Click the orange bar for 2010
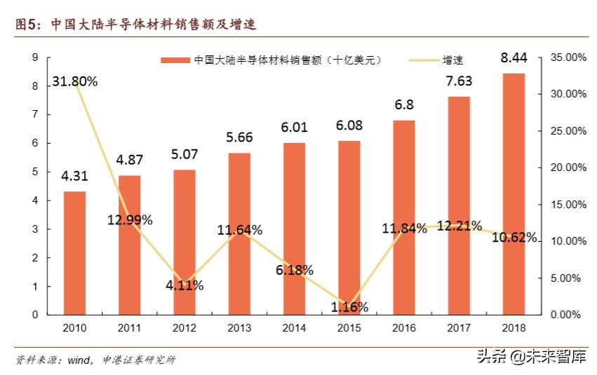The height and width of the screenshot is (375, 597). (x=74, y=253)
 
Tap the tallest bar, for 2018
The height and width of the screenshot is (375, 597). (x=514, y=193)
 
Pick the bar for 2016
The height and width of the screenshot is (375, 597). (x=403, y=217)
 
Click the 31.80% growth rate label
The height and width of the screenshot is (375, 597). (x=74, y=81)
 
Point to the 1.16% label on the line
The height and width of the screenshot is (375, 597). (x=349, y=306)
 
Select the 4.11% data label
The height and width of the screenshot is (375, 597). (x=185, y=285)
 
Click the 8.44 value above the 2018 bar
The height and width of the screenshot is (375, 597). (x=514, y=57)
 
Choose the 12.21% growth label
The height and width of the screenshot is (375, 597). (x=459, y=226)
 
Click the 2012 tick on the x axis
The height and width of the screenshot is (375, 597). (x=185, y=327)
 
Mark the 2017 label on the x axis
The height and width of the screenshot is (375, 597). (x=459, y=327)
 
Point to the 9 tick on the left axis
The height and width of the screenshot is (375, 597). (x=34, y=57)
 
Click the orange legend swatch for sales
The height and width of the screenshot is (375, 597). (x=175, y=60)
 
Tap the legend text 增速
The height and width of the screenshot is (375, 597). (x=452, y=60)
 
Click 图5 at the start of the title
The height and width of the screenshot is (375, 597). (x=29, y=25)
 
